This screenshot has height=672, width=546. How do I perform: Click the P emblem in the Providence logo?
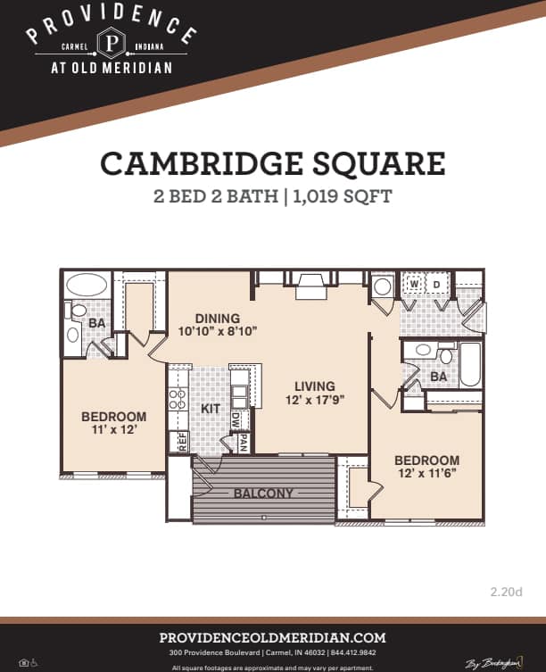112,43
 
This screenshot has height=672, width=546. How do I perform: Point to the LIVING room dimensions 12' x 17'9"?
316,400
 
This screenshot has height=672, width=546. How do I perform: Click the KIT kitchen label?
211,408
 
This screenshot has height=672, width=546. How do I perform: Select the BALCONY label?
263,493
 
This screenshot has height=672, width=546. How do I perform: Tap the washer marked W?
413,285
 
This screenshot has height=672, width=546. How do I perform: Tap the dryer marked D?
437,285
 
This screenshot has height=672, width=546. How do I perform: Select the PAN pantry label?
240,441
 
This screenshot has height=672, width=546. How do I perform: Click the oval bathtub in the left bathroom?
86,286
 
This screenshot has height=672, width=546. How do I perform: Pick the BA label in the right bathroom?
438,377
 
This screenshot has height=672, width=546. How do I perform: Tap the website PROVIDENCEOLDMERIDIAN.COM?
272,637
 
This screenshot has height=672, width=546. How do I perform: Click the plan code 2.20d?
506,591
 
